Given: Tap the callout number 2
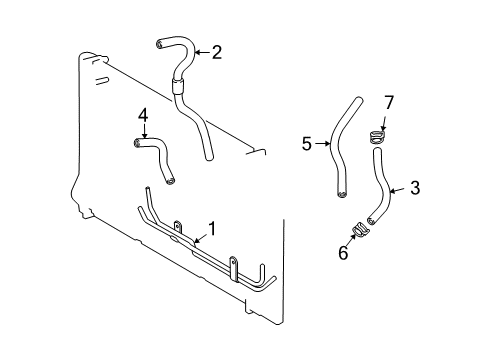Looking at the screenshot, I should tap(216, 51).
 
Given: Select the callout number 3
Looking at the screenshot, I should tap(415, 187).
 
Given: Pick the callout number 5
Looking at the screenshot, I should tap(308, 144).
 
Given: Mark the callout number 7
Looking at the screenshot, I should tap(390, 102).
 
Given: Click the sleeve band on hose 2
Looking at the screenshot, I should tap(179, 85).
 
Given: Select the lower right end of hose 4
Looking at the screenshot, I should tap(172, 180).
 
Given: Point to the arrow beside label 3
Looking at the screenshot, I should tap(396, 187).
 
